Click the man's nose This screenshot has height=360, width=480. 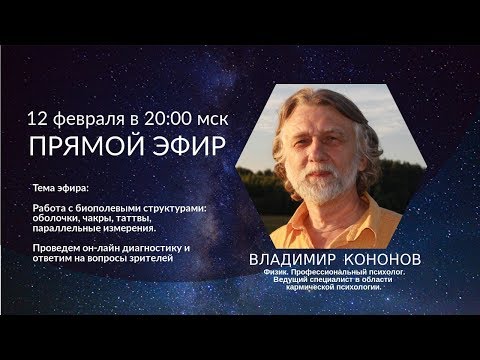pyautogui.click(x=330, y=160)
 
